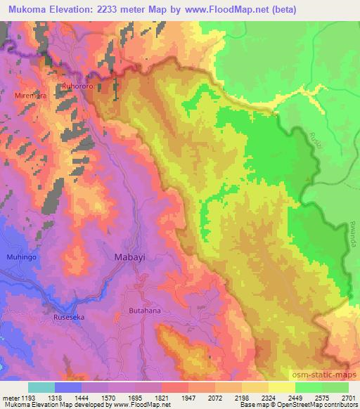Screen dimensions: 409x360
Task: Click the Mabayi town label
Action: [130, 258]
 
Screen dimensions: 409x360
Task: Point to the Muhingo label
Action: [21, 257]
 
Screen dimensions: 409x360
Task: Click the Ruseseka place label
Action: [69, 317]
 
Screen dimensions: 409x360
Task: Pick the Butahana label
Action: [146, 310]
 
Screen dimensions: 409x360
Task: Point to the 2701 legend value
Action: [348, 397]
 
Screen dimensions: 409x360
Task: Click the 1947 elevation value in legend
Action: [188, 397]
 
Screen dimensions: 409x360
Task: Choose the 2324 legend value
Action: [268, 397]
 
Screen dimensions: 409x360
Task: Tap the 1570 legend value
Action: [108, 397]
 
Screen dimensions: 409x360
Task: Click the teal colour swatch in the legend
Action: [41, 387]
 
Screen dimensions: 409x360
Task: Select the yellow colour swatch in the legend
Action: [282, 387]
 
